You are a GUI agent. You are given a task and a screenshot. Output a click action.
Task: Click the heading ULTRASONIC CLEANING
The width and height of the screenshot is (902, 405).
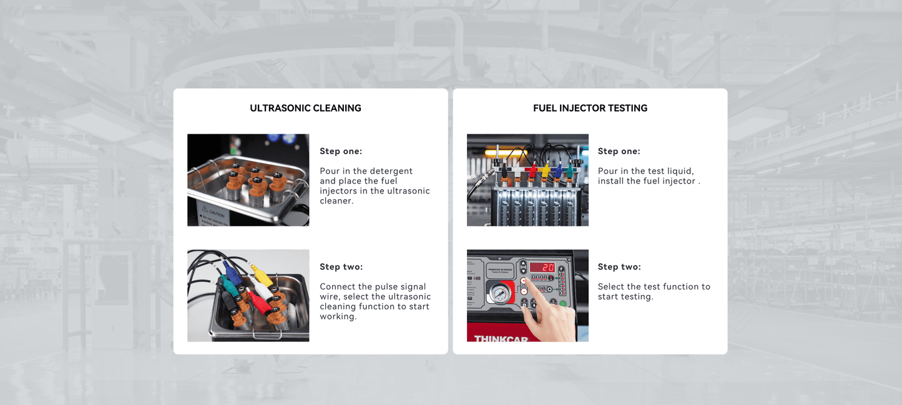click(305, 108)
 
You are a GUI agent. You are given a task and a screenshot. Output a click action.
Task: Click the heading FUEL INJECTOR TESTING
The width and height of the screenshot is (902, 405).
click(590, 108)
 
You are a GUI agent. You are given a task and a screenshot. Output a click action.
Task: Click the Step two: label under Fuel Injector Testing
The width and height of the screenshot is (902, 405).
click(619, 266)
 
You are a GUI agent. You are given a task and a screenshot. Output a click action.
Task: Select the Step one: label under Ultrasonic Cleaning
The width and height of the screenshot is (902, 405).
click(341, 151)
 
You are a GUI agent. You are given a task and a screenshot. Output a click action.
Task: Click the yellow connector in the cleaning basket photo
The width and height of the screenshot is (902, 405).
click(263, 275)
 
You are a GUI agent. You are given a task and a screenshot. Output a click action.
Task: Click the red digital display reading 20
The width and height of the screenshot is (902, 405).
click(542, 267)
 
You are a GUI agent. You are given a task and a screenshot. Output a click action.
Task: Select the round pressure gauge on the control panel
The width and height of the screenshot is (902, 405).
click(499, 293)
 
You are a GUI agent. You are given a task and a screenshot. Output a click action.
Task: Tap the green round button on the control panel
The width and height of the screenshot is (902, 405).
click(563, 304)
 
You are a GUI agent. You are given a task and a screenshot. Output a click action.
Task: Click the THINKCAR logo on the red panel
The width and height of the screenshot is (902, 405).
click(501, 339)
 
